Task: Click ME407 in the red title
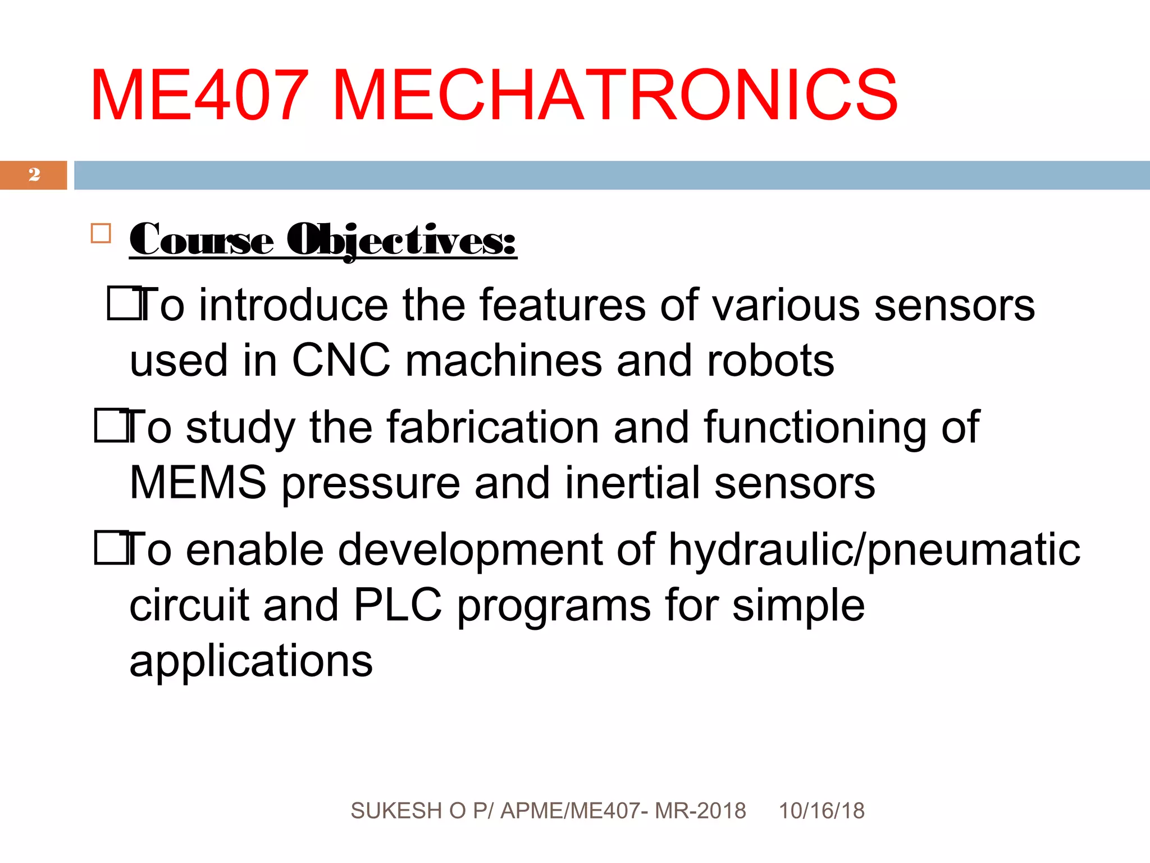(199, 95)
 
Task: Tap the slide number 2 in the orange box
(34, 175)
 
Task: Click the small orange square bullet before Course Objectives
(101, 233)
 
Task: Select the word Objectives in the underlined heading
(401, 240)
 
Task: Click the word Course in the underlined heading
(202, 240)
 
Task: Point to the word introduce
(293, 305)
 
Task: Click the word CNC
(341, 360)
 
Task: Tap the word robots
(770, 360)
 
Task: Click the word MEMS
(198, 483)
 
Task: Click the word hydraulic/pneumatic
(874, 549)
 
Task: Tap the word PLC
(398, 605)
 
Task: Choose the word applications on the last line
(251, 661)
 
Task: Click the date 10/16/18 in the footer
(822, 811)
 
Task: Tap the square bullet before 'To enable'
(110, 548)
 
